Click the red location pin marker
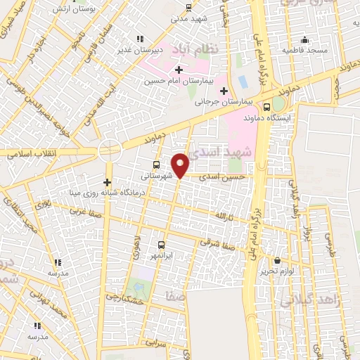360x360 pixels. pyautogui.click(x=181, y=165)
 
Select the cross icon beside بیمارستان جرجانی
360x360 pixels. pyautogui.click(x=224, y=90)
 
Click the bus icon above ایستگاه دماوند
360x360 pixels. pyautogui.click(x=266, y=107)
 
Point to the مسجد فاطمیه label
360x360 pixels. pyautogui.click(x=305, y=51)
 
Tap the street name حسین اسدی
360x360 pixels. pyautogui.click(x=222, y=177)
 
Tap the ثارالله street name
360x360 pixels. pyautogui.click(x=224, y=214)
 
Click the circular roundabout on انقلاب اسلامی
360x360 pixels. pyautogui.click(x=110, y=148)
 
